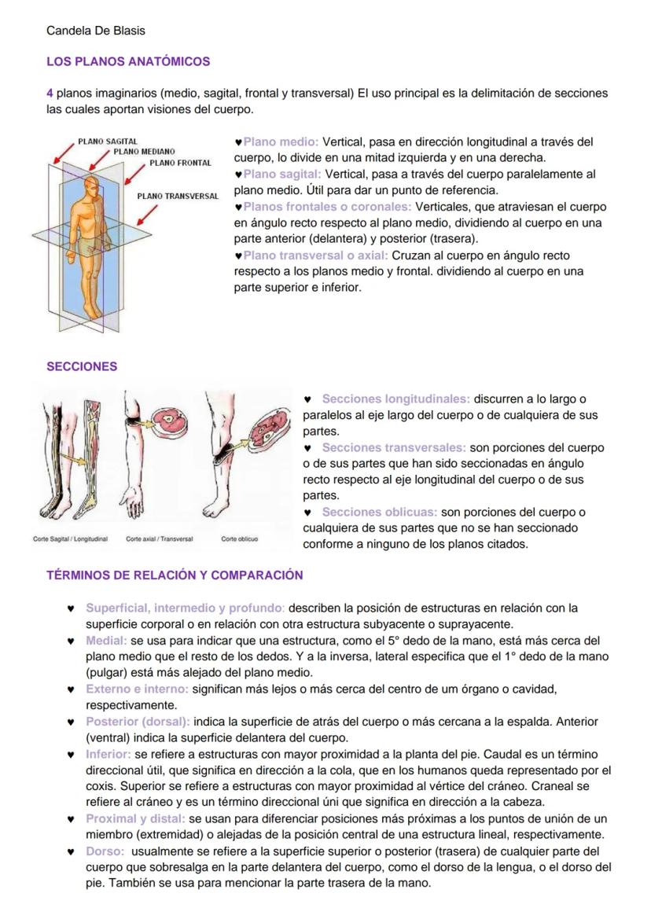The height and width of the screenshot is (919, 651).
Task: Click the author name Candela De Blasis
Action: click(x=95, y=31)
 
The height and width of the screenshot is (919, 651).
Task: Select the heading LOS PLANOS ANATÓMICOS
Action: click(x=128, y=61)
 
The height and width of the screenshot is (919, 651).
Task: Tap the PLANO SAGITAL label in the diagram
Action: click(x=108, y=142)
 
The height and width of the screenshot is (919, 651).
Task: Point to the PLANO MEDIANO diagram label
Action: click(x=144, y=151)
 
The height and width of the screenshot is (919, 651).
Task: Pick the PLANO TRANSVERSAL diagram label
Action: click(x=178, y=196)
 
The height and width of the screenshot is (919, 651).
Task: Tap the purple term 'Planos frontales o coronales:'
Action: click(x=327, y=207)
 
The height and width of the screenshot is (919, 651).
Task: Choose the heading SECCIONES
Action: click(x=82, y=366)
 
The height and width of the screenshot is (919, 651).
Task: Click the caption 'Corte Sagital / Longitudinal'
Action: click(x=70, y=539)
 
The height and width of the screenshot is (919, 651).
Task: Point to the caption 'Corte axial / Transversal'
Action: click(x=160, y=539)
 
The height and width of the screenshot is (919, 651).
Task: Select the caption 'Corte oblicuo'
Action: click(x=239, y=539)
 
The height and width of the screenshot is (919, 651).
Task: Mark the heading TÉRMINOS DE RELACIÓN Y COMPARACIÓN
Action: click(x=175, y=575)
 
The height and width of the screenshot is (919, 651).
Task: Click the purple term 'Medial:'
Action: click(x=106, y=640)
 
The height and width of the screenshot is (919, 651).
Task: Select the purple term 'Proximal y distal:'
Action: click(x=135, y=818)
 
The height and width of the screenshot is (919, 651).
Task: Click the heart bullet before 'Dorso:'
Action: click(x=70, y=851)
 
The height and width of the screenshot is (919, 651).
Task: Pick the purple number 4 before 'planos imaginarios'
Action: click(x=50, y=93)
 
